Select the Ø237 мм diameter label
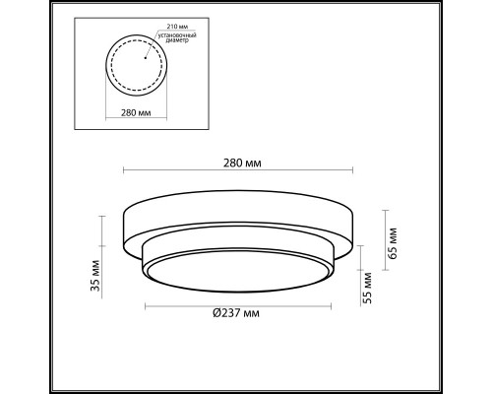(x=235, y=313)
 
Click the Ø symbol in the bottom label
(x=216, y=313)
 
